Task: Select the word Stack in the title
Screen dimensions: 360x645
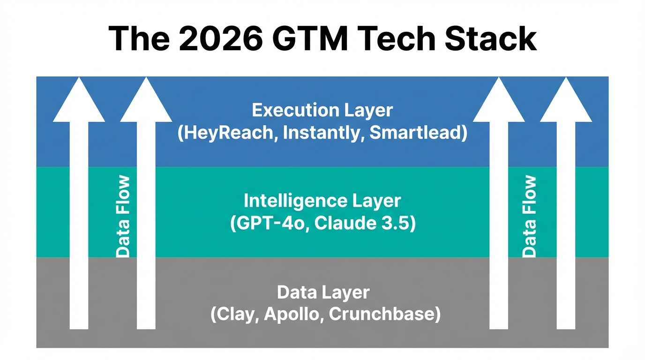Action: coord(491,38)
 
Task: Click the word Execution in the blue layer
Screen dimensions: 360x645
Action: coord(289,111)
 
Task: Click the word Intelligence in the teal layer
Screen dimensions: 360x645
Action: coord(289,201)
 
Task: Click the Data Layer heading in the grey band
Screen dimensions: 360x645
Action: coord(323,292)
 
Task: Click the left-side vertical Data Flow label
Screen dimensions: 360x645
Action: coord(123,217)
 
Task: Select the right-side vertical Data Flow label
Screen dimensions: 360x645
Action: coord(529,217)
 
